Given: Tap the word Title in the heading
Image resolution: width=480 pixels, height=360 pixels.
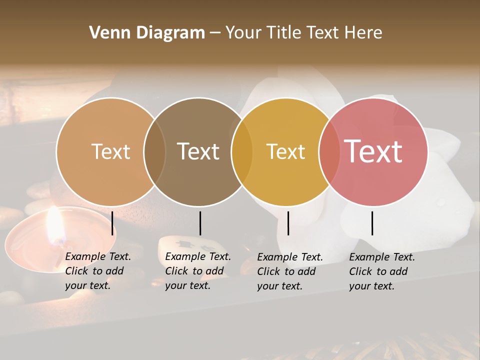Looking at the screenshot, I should (284, 33).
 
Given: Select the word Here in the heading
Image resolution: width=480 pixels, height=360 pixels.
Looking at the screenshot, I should (363, 33).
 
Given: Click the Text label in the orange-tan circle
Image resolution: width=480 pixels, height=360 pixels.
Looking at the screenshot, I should (111, 151).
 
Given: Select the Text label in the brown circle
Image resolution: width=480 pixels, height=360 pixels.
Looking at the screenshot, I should (198, 151).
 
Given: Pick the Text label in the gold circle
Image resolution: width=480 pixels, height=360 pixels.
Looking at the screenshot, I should (285, 151).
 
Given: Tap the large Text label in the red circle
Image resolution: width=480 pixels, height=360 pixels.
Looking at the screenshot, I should (373, 151).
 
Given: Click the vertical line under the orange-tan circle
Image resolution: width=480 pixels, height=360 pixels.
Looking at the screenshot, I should (112, 223).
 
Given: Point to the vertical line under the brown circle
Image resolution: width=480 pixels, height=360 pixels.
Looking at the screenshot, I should (200, 223).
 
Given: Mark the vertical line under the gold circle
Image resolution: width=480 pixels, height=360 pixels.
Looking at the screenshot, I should (288, 223).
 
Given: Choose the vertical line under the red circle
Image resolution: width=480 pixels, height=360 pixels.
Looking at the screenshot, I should (372, 223).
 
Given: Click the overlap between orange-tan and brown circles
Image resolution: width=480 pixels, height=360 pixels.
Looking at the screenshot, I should (154, 151).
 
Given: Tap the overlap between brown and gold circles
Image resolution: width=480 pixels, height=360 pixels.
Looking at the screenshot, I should (242, 151).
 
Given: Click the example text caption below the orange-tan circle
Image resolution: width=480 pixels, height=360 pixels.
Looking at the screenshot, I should (98, 271).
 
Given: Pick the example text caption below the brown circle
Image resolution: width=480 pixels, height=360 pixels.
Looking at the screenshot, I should (198, 271).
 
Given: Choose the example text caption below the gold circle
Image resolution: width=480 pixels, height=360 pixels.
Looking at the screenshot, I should (290, 271).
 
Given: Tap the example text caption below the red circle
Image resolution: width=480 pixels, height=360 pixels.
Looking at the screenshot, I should (382, 271).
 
